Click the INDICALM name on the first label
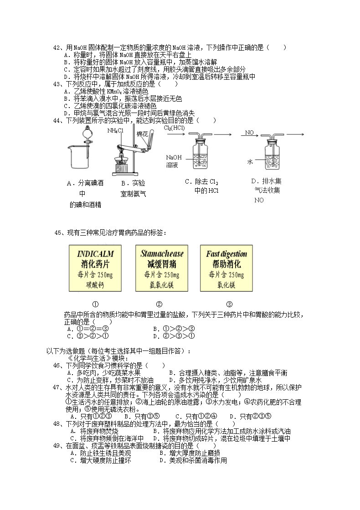pos(95,254)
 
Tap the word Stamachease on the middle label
pos(162,254)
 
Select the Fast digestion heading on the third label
pos(226,254)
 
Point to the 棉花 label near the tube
pos(142,134)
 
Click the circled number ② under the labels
pos(159,304)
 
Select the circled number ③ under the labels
pos(229,304)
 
